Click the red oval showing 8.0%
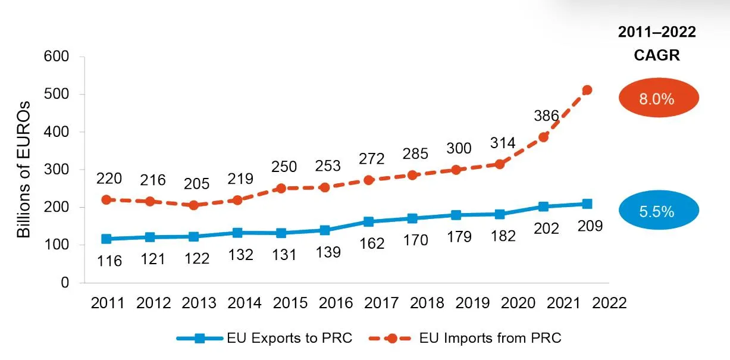(x=656, y=99)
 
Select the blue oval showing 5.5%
(x=656, y=211)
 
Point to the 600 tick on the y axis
(x=58, y=57)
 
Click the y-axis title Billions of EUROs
(x=23, y=168)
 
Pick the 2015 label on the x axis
(x=290, y=303)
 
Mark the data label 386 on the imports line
(x=546, y=116)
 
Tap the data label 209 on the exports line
(x=590, y=226)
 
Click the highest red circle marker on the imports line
(x=587, y=90)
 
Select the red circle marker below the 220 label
(x=106, y=200)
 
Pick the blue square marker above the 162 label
(x=368, y=222)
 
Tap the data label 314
(x=503, y=143)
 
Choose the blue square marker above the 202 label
(x=543, y=206)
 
